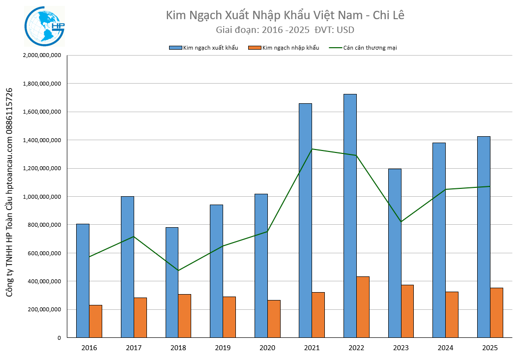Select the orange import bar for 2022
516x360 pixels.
click(363, 307)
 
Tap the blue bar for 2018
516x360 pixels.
click(172, 282)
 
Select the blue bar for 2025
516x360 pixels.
click(484, 237)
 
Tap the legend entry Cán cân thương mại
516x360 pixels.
click(363, 48)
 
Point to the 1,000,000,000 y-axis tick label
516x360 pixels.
click(42, 197)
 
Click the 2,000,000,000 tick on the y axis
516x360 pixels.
click(42, 56)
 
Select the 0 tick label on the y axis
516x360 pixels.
click(58, 338)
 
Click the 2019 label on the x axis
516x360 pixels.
click(223, 348)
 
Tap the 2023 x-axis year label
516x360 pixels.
click(401, 348)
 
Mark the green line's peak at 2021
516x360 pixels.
click(312, 149)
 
